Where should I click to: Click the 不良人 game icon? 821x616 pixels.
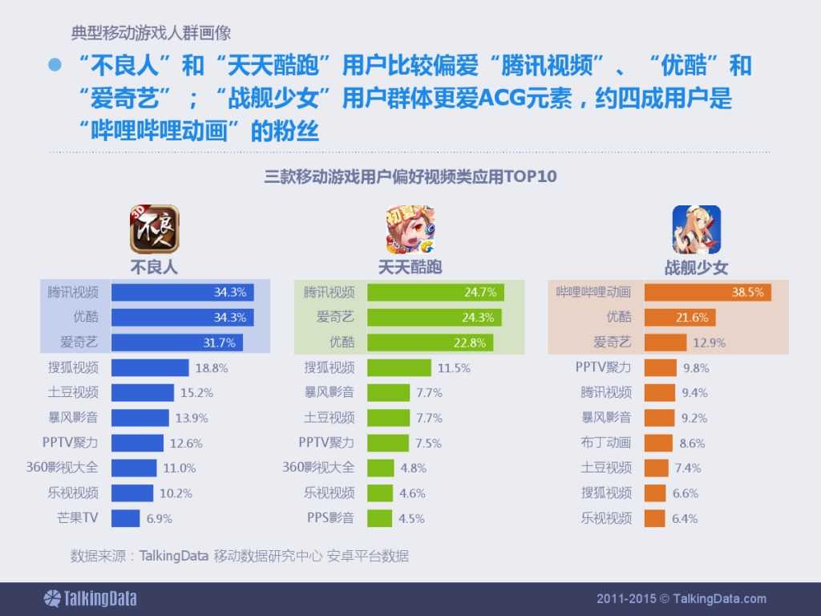click(155, 229)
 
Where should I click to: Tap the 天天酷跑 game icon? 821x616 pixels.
click(410, 229)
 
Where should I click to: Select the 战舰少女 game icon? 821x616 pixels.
click(696, 229)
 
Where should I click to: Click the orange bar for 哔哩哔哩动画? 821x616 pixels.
click(707, 292)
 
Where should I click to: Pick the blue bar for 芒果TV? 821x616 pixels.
click(125, 518)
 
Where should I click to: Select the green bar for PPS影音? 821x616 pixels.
click(380, 518)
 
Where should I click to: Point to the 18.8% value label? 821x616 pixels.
click(212, 368)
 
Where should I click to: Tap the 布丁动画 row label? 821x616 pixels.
click(606, 443)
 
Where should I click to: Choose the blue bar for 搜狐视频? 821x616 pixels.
click(150, 368)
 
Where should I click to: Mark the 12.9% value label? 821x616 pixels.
click(710, 342)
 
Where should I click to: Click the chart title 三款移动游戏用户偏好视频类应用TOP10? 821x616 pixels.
click(410, 176)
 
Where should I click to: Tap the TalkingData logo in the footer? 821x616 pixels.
click(90, 598)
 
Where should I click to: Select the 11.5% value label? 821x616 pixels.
click(454, 368)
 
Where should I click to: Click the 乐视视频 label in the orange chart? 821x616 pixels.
click(606, 518)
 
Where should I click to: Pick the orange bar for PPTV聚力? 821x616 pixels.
click(660, 368)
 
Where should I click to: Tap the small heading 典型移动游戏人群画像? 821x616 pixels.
click(152, 34)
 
